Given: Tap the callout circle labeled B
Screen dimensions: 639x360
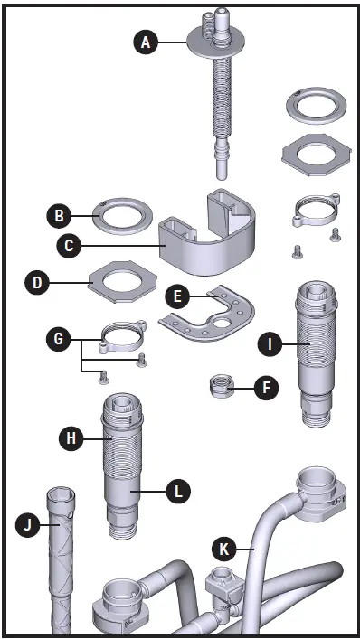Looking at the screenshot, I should (x=59, y=216).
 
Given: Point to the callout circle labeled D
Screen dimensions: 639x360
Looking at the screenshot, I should (x=36, y=282).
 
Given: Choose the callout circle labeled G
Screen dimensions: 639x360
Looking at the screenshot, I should (x=59, y=340).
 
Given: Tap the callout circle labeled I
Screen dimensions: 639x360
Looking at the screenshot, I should (x=268, y=343).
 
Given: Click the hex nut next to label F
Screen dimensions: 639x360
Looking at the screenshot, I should (x=222, y=388).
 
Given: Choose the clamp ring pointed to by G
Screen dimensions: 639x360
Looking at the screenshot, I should (x=122, y=339).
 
